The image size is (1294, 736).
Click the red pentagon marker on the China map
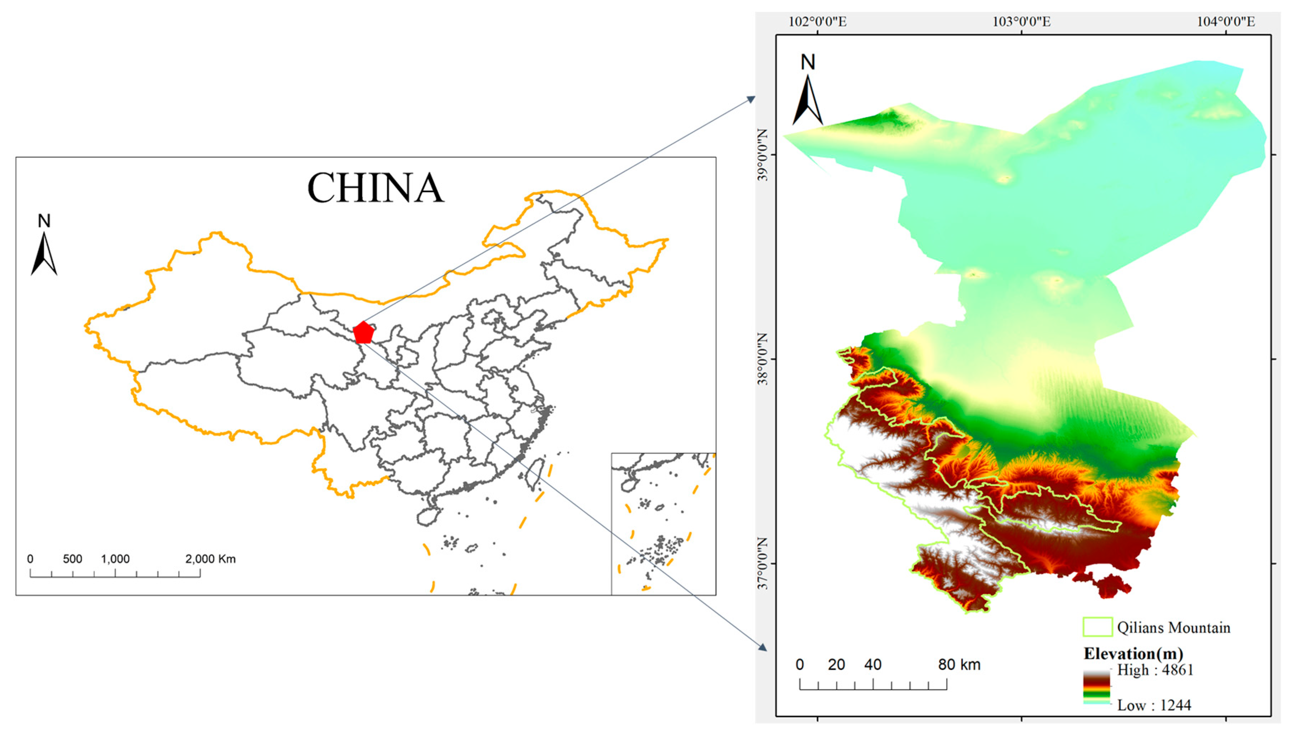363,332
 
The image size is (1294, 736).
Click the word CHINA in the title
375,188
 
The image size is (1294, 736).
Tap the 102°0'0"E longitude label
818,22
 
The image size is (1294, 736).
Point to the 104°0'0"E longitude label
1225,22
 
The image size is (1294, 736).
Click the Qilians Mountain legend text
1174,628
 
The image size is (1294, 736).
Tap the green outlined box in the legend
1097,627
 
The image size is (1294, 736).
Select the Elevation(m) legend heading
1133,654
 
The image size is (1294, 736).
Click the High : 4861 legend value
1155,670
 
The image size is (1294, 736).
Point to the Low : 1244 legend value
1154,705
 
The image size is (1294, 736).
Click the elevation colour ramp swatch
1097,687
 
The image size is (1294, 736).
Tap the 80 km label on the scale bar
959,664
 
